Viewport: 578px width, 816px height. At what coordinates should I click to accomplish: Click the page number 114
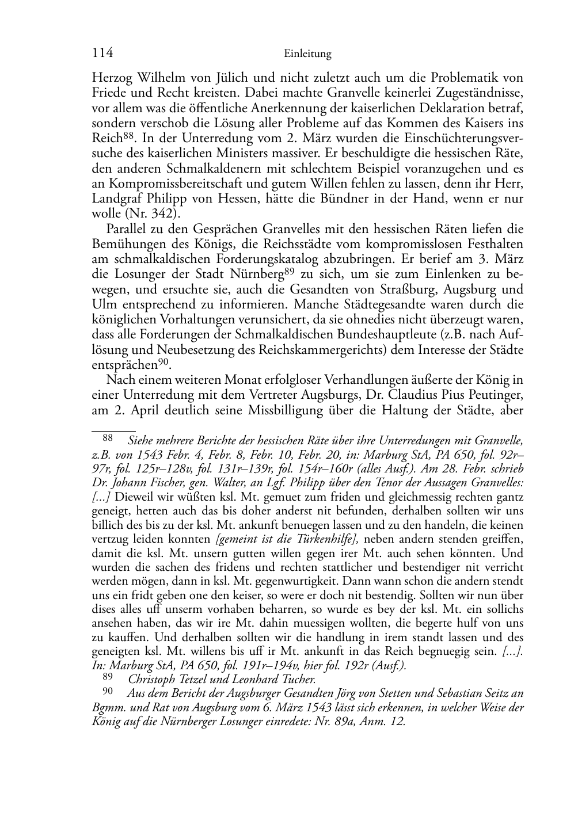click(x=102, y=54)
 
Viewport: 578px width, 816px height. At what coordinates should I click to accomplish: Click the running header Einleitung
click(x=308, y=54)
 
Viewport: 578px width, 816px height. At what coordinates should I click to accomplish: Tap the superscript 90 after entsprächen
click(x=166, y=361)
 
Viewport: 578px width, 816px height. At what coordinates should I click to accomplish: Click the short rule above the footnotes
click(x=114, y=429)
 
